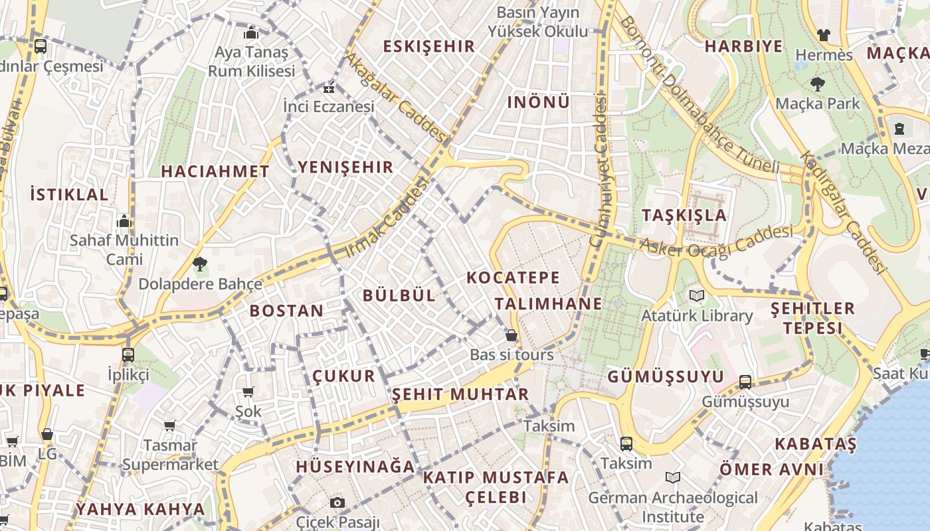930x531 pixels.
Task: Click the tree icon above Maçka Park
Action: pyautogui.click(x=817, y=84)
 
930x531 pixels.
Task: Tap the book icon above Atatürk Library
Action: pyautogui.click(x=696, y=296)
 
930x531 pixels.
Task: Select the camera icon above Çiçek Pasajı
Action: pyautogui.click(x=337, y=502)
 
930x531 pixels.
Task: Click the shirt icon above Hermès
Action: pyautogui.click(x=824, y=35)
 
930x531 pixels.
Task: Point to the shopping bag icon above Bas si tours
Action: pyautogui.click(x=511, y=335)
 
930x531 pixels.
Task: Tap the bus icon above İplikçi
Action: pyautogui.click(x=128, y=354)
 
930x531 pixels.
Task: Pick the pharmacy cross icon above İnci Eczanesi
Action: pyautogui.click(x=328, y=88)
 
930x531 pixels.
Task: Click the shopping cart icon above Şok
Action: pyautogui.click(x=248, y=392)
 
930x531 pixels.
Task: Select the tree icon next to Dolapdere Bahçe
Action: pyautogui.click(x=199, y=264)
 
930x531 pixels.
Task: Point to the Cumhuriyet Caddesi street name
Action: pyautogui.click(x=599, y=173)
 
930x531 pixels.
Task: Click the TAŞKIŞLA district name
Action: pyautogui.click(x=684, y=215)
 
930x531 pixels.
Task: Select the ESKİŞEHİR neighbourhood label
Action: pyautogui.click(x=429, y=46)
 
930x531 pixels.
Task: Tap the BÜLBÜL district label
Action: pyautogui.click(x=399, y=295)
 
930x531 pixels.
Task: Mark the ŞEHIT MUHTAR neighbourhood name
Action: pyautogui.click(x=460, y=394)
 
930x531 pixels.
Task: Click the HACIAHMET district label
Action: pyautogui.click(x=215, y=171)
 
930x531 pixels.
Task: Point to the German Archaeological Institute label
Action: pyautogui.click(x=672, y=506)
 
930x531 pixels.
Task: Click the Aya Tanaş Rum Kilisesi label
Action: pyautogui.click(x=251, y=61)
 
